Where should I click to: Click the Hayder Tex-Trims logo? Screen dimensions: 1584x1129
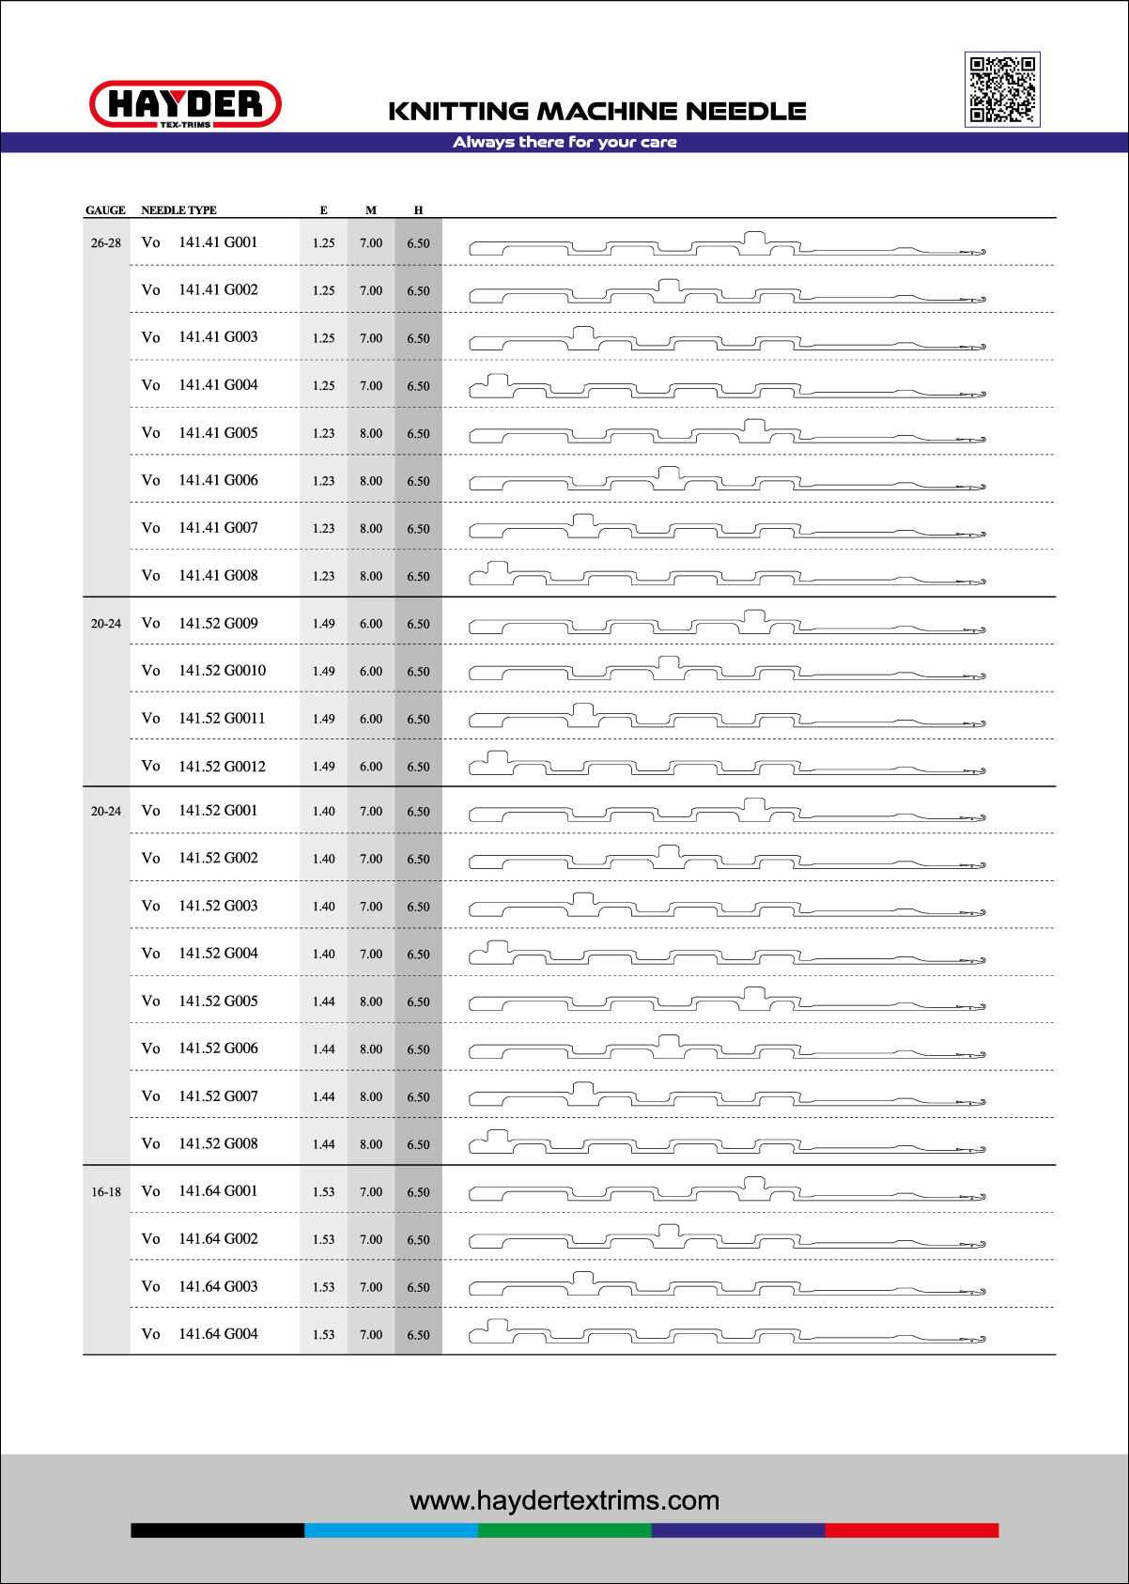tap(185, 103)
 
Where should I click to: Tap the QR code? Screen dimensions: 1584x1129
tap(1002, 89)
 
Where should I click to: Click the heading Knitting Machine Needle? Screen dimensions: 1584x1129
tap(597, 111)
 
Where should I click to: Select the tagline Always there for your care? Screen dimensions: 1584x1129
tap(564, 142)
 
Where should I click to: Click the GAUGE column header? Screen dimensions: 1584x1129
tap(105, 210)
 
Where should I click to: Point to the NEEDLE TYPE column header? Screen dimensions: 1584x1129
tap(178, 210)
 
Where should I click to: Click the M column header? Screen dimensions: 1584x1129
tap(371, 210)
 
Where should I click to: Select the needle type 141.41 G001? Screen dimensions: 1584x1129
tap(218, 242)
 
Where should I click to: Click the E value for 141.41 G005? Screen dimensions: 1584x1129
tap(323, 433)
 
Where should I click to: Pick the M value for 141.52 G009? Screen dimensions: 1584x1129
tap(371, 624)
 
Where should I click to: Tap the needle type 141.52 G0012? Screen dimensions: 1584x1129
tap(222, 767)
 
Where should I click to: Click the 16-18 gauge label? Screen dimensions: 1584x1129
tap(106, 1192)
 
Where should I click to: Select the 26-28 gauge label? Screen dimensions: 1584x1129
tap(106, 243)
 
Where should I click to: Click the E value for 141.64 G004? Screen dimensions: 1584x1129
tap(323, 1335)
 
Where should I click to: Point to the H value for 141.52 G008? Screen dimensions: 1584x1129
tap(418, 1144)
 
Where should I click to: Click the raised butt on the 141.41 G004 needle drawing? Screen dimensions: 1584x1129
tap(497, 380)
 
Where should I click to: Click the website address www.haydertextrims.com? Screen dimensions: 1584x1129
tap(564, 1500)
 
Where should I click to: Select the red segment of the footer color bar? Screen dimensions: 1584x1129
tap(911, 1530)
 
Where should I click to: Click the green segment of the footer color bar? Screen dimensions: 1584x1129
tap(564, 1530)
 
